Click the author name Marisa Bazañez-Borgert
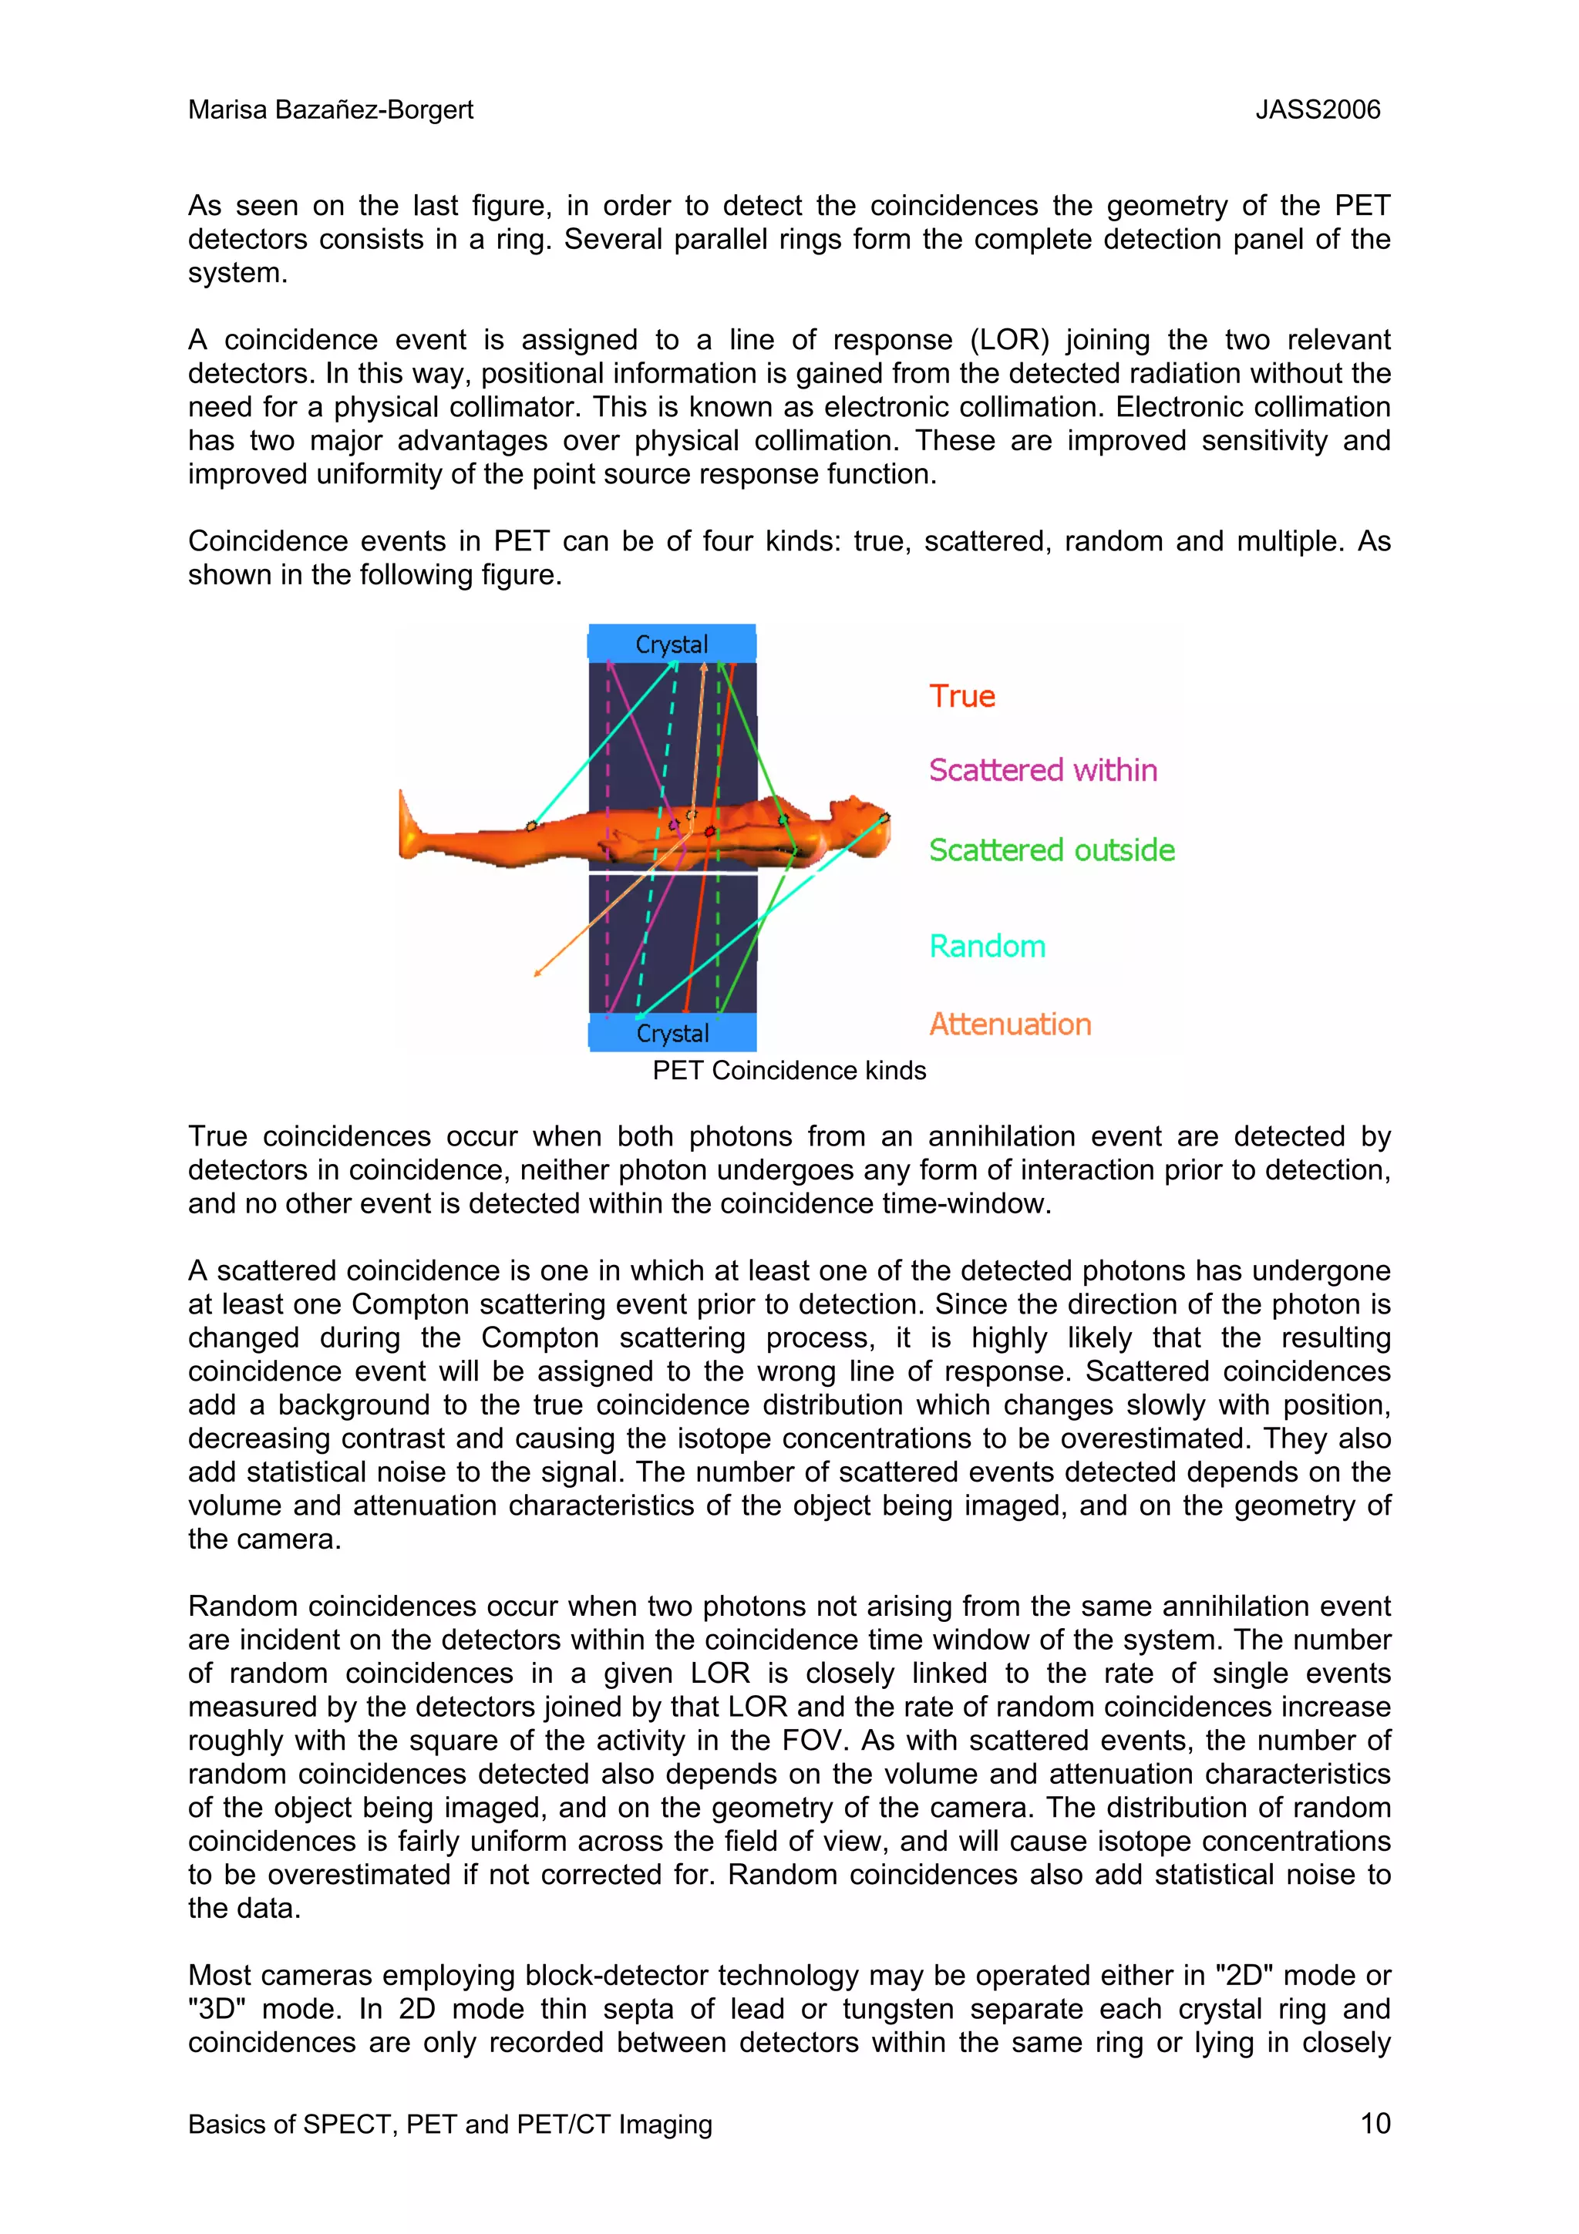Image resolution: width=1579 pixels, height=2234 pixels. click(x=330, y=110)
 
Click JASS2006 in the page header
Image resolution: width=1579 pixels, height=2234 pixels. click(x=1318, y=110)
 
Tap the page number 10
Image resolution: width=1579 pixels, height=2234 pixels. click(x=1375, y=2123)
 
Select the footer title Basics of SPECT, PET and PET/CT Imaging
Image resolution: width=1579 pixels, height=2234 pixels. click(x=449, y=2124)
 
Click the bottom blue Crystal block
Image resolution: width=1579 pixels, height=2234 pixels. click(x=672, y=1032)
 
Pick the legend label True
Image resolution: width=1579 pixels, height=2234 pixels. click(x=961, y=697)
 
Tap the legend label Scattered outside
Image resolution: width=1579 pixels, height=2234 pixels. click(x=1051, y=850)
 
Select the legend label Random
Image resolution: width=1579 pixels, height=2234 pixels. click(x=987, y=947)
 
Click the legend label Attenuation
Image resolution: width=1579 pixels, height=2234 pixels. click(x=1009, y=1024)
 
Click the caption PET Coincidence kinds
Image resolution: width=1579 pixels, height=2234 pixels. click(x=788, y=1070)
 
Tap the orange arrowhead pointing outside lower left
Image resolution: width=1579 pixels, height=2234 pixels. click(x=538, y=972)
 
